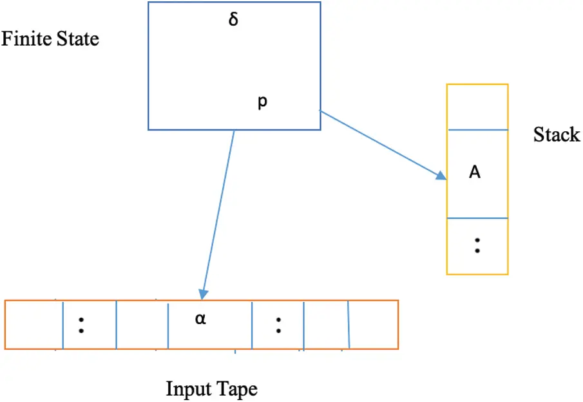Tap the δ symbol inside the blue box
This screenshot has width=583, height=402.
click(x=233, y=20)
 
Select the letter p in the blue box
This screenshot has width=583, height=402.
click(x=262, y=103)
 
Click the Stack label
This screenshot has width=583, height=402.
click(x=557, y=135)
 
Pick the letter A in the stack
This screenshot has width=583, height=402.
click(x=475, y=172)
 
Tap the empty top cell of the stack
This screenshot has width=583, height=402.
click(x=477, y=107)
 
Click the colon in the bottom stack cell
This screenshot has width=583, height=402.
click(x=477, y=245)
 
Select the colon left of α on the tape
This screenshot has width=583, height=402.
click(x=81, y=324)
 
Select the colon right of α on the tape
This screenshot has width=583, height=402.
click(x=278, y=324)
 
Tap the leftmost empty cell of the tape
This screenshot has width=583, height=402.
click(x=33, y=324)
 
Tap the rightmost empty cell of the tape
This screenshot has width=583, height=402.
click(x=373, y=324)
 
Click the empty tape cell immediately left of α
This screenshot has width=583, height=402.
click(x=142, y=324)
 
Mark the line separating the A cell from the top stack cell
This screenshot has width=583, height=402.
click(x=477, y=131)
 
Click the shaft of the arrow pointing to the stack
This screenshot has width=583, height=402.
click(x=380, y=142)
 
